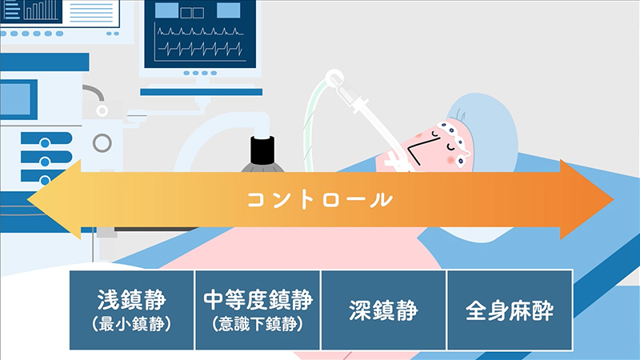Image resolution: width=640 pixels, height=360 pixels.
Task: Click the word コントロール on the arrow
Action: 319,200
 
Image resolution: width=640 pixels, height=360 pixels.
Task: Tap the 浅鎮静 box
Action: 131,310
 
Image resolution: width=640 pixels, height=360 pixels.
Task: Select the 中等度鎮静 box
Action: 258,310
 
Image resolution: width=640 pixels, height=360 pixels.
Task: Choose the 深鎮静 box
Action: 384,310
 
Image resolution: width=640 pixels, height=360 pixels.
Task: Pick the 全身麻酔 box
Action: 510,310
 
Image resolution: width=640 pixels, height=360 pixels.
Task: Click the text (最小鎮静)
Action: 131,324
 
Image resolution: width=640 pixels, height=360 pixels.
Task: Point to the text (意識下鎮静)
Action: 258,324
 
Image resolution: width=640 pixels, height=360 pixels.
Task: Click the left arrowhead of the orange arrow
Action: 54,199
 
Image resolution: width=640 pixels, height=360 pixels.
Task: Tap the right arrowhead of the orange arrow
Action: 587,199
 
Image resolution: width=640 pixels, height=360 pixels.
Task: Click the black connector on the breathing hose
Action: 262,150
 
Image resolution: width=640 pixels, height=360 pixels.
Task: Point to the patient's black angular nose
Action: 421,149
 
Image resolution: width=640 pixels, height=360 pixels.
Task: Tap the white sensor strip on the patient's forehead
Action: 455,142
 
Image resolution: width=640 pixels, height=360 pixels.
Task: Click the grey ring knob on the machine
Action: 102,143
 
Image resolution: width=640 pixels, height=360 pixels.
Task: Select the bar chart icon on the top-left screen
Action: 41,10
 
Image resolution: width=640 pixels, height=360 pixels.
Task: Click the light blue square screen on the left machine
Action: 15,99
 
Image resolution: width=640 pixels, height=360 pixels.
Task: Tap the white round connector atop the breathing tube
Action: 334,78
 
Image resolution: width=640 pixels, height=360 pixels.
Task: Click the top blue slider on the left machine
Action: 46,138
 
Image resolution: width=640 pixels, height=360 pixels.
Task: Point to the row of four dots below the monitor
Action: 200,73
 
